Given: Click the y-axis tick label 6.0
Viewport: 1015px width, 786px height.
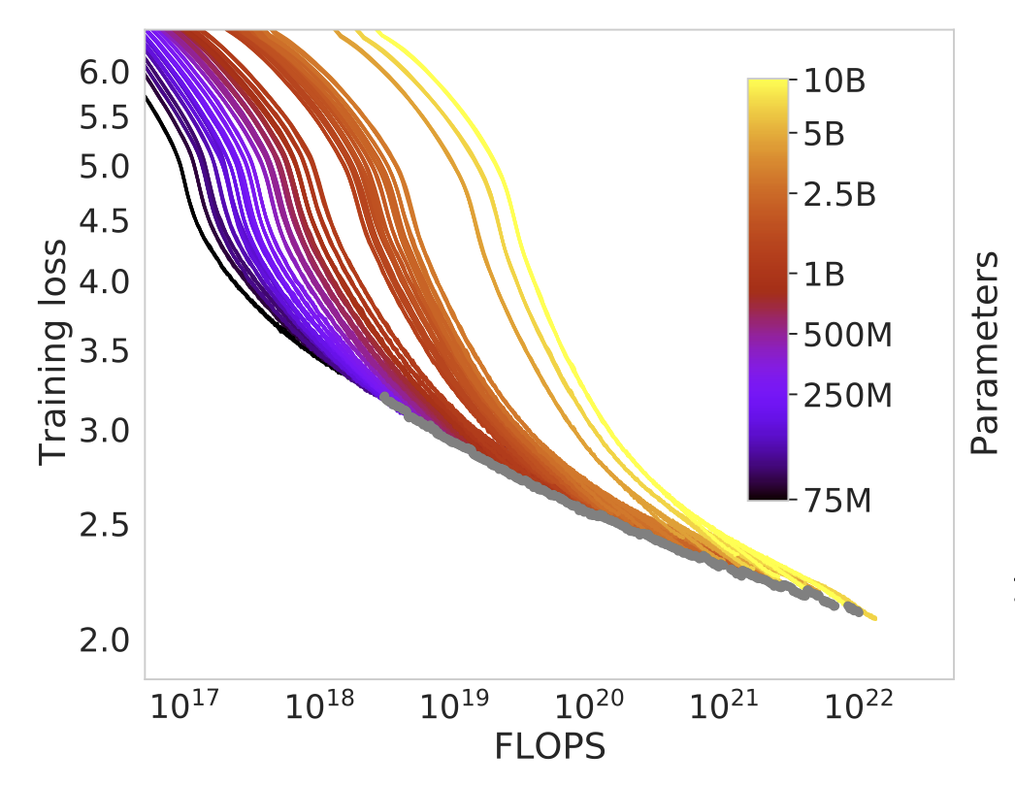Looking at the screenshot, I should tap(103, 72).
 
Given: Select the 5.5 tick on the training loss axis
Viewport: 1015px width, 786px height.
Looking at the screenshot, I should tap(103, 117).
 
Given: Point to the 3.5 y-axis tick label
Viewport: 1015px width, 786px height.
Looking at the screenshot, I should tap(103, 350).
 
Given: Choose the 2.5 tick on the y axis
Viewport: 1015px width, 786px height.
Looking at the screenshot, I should tap(103, 525).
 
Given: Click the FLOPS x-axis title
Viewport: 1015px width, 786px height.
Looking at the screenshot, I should tap(550, 746).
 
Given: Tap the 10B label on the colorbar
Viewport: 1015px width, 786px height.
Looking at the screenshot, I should tap(835, 82).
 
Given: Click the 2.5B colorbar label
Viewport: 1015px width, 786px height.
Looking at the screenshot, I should tap(840, 193).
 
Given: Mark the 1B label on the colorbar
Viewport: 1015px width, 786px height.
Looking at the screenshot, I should tap(825, 275).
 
